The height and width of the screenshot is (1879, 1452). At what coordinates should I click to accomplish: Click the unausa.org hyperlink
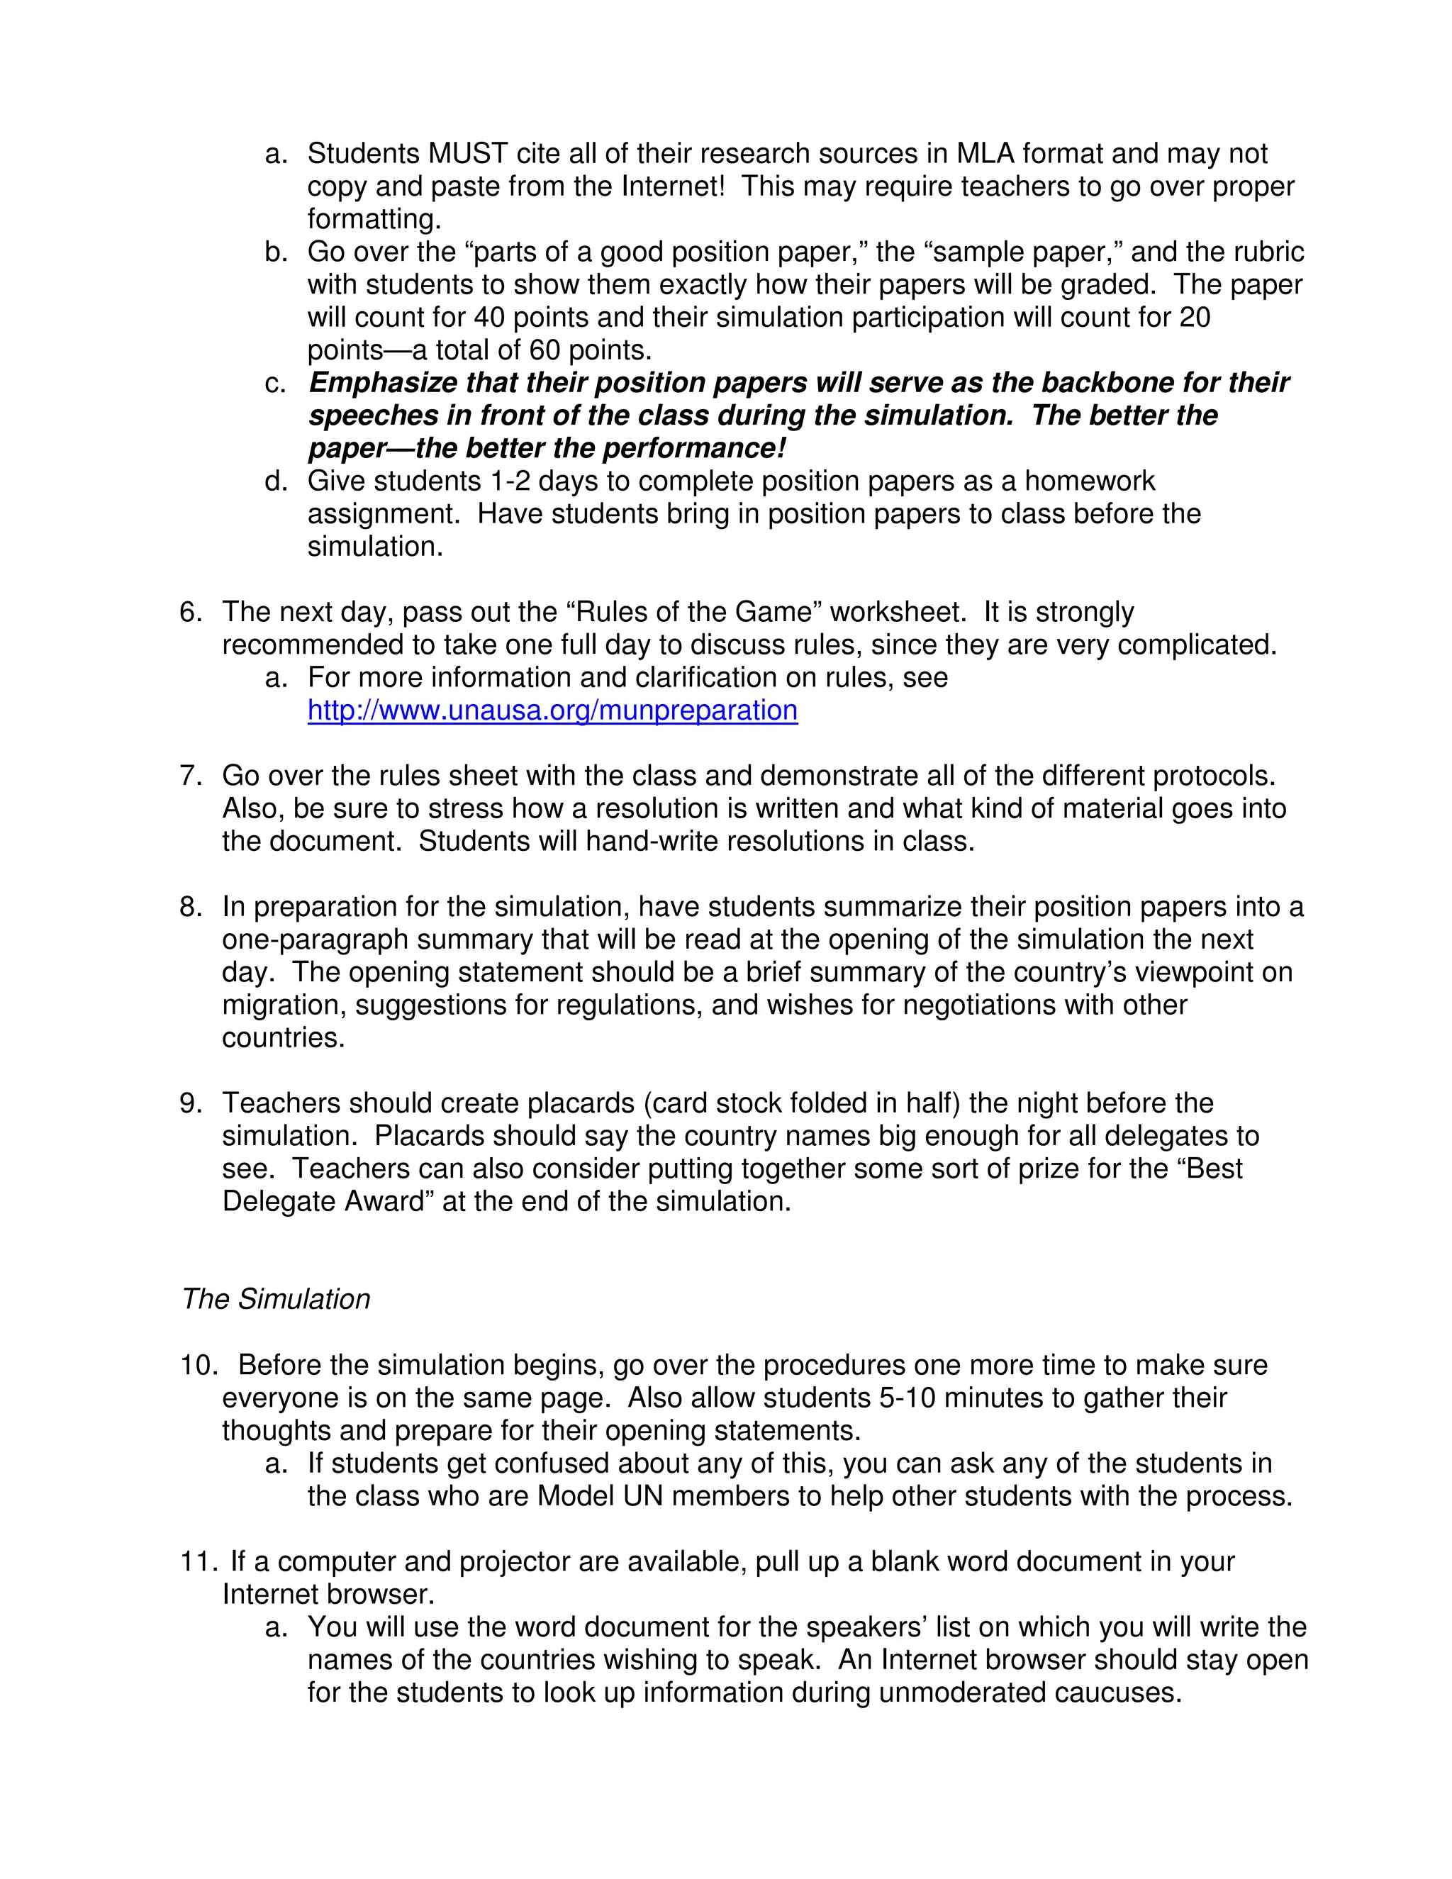point(552,710)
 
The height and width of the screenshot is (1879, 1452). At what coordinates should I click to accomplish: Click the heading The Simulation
point(276,1299)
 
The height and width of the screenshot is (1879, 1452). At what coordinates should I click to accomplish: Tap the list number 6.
point(190,613)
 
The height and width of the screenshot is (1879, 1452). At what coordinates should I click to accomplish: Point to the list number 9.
point(190,1104)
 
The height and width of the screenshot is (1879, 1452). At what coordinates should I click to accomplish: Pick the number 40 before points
point(489,318)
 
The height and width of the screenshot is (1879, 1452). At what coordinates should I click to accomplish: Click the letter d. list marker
point(275,481)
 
